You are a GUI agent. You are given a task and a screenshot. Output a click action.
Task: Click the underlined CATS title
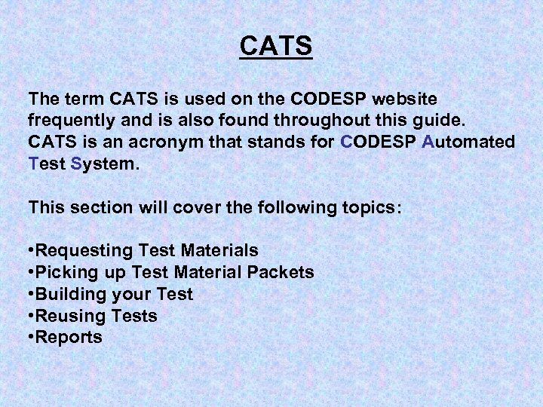click(275, 47)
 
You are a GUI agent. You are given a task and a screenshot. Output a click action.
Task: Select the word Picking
click(65, 271)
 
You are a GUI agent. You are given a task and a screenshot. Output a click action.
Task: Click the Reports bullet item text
click(68, 337)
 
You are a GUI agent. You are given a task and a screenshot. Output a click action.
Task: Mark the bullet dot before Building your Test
click(31, 294)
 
